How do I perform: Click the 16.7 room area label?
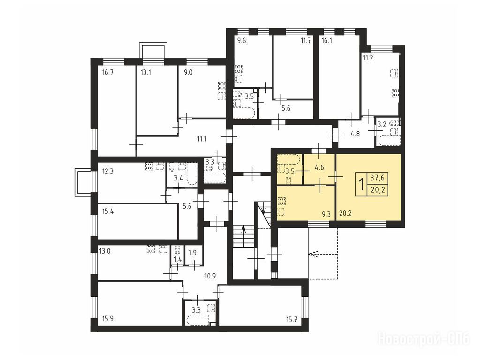point(108,73)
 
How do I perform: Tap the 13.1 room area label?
point(146,73)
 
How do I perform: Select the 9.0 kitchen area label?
point(188,73)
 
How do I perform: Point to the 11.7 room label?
point(305,41)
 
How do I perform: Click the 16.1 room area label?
point(326,41)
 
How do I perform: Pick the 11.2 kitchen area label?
point(368,58)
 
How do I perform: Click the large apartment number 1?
point(362,184)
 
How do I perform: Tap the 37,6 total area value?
point(378,177)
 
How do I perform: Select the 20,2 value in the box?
point(378,190)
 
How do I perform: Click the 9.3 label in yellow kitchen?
point(326,214)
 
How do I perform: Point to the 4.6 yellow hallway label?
point(319,167)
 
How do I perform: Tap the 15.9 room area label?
point(107,319)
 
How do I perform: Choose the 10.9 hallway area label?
point(210,276)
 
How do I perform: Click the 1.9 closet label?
point(193,252)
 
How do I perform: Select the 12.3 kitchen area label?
point(108,172)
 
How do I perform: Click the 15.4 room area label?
point(108,211)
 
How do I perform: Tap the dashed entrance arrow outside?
point(317,254)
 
